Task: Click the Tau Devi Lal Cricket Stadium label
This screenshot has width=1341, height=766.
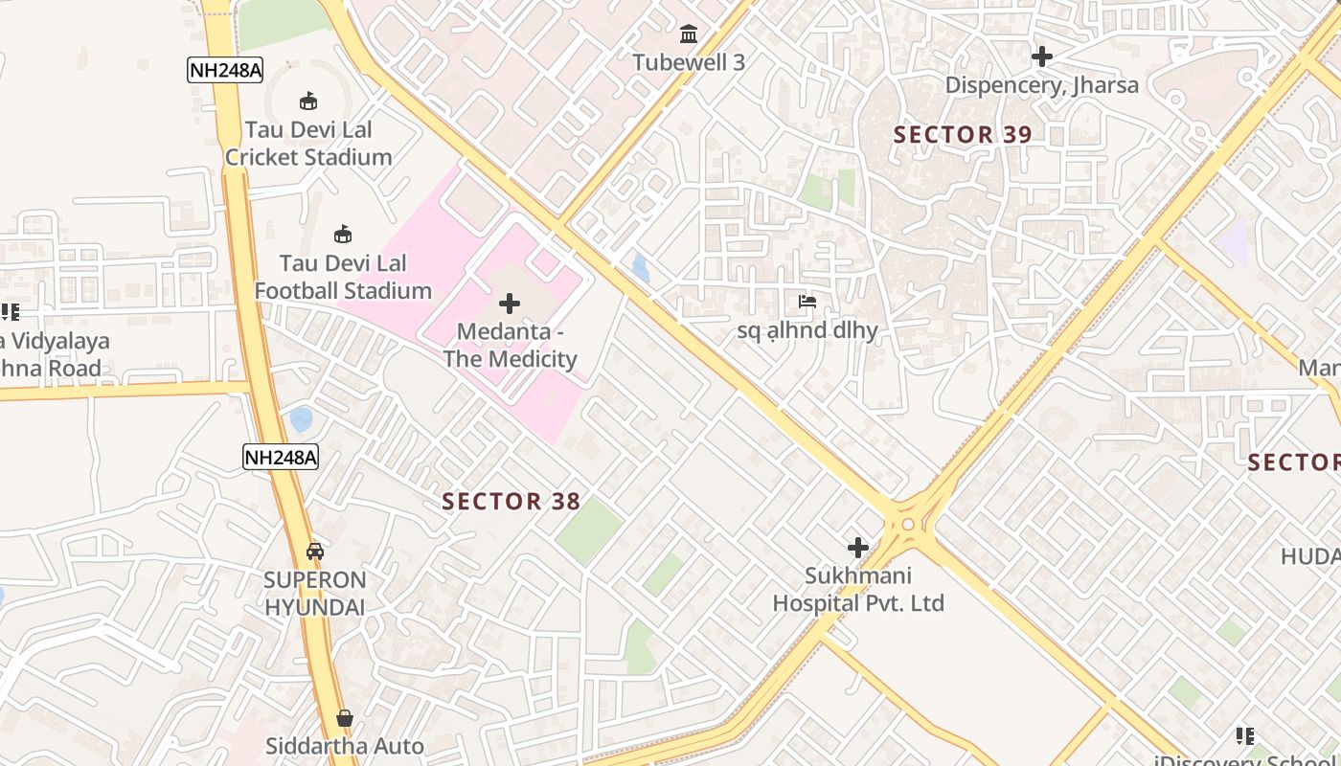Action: pos(308,143)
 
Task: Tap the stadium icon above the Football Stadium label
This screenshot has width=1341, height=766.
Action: pos(343,234)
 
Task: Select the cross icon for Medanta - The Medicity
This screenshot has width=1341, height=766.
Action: pos(510,304)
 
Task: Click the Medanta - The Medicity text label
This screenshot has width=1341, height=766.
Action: pos(510,346)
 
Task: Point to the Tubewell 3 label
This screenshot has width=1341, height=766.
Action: pos(688,62)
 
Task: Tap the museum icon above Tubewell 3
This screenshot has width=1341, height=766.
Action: pos(688,35)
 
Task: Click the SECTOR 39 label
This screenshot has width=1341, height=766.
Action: pos(963,134)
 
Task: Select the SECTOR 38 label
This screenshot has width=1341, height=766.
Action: pos(511,501)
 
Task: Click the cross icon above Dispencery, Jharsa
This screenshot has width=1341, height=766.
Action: pos(1042,56)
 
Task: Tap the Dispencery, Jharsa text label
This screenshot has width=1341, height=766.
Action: pos(1042,85)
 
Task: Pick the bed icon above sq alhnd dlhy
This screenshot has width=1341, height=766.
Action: pos(807,302)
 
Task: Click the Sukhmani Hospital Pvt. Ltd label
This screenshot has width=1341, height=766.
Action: pos(858,589)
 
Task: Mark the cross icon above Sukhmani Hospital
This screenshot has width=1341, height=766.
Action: pos(858,548)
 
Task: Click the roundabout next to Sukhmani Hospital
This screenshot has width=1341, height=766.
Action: pos(907,524)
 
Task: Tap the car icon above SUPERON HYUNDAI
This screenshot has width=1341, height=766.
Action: pos(314,552)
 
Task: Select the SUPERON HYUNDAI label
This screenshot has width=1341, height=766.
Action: pos(314,594)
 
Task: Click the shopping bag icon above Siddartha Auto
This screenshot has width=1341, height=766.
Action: pos(344,718)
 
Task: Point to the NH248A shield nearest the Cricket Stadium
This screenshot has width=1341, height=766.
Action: pos(224,70)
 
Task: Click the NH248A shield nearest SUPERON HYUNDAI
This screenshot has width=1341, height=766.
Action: pos(280,457)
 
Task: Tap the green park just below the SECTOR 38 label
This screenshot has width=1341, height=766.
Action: pos(588,531)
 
